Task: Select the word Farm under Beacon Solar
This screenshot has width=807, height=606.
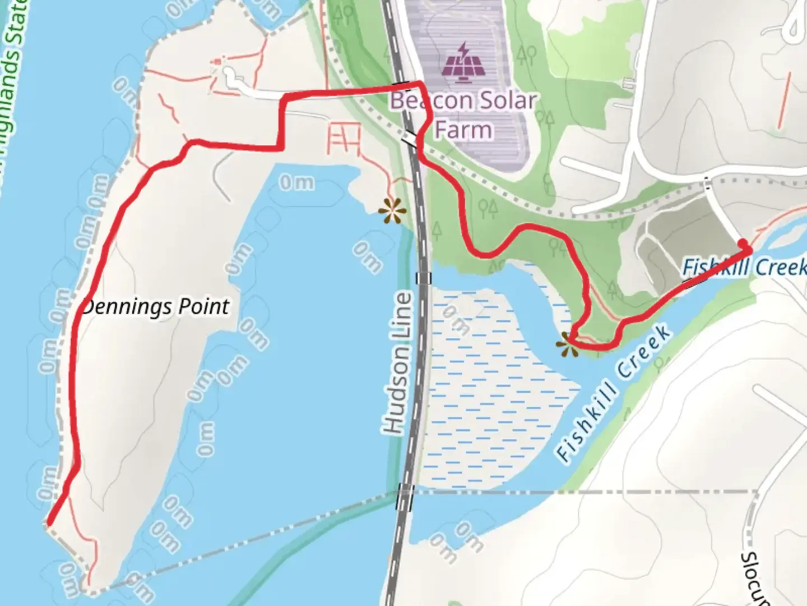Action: [463, 130]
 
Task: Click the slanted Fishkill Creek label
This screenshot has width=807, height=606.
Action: [614, 393]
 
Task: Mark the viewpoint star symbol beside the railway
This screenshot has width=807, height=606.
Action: [392, 212]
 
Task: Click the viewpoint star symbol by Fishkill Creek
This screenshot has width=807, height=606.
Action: [568, 343]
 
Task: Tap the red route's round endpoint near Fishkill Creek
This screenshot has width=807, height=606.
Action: [744, 244]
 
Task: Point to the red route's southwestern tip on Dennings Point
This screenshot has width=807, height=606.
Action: [49, 523]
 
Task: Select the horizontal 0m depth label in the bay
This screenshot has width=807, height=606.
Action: [296, 182]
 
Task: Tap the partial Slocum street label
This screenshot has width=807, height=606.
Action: [750, 578]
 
